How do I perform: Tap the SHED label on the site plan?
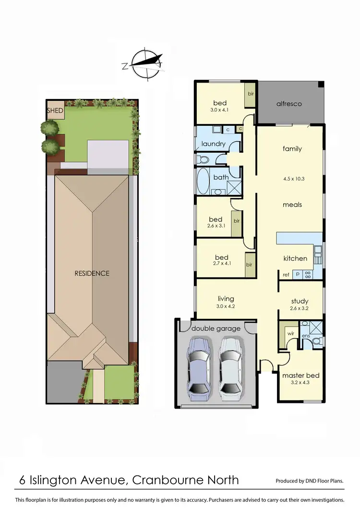55,111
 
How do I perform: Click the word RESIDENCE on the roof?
92,273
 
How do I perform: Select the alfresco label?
289,104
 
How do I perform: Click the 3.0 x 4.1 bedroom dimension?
220,110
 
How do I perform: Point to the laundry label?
214,144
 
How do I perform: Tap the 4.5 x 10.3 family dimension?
292,179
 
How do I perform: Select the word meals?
292,205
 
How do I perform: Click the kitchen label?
295,258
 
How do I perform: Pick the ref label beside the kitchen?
286,275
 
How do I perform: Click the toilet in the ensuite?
315,342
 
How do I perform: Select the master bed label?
300,376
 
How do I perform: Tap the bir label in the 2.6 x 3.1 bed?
236,221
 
